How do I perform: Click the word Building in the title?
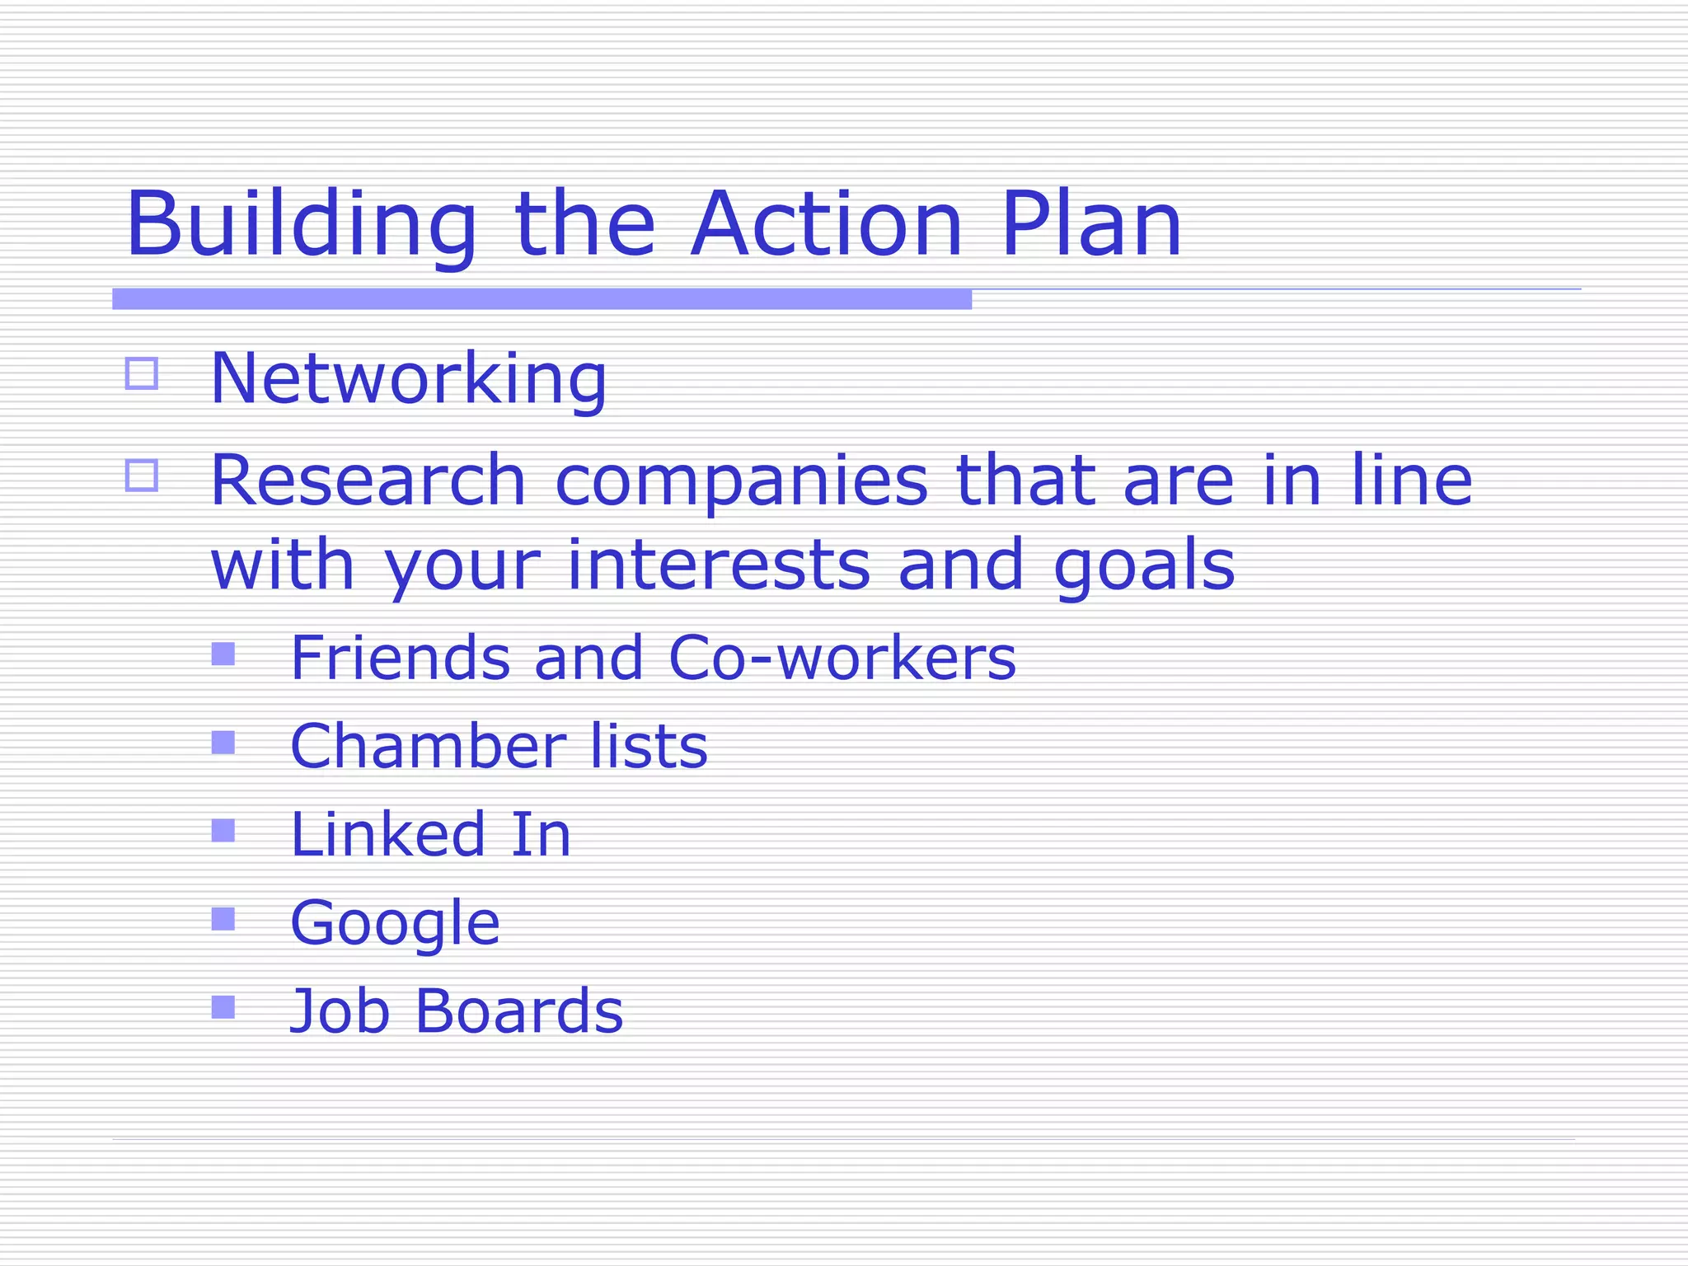302,224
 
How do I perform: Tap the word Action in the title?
827,224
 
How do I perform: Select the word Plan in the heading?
1091,224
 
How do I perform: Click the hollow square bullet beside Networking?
142,373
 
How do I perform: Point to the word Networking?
409,379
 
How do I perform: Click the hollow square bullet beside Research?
142,476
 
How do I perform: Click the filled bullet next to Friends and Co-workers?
223,654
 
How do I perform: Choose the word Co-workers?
842,658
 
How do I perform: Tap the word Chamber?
428,746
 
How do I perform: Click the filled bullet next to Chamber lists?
223,743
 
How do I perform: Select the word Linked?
387,834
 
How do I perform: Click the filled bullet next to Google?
223,919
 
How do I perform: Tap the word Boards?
519,1010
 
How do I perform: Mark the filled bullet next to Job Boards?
223,1007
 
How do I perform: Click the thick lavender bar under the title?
542,299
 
